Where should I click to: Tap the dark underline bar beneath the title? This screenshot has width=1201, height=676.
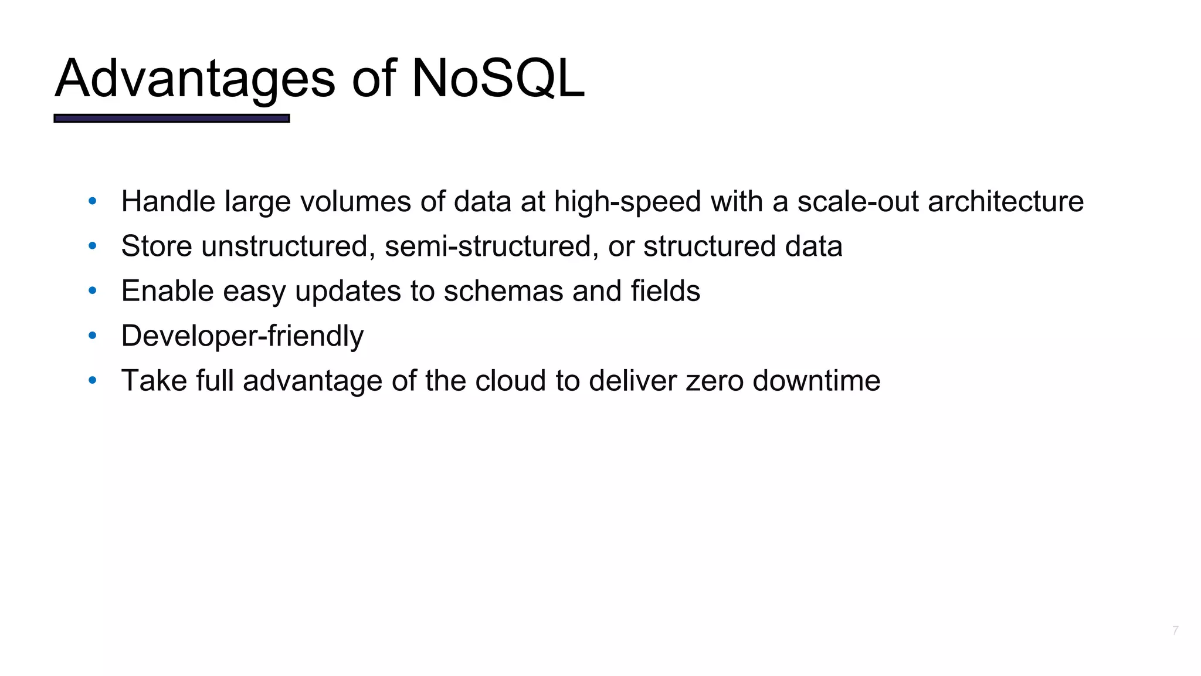[x=172, y=119]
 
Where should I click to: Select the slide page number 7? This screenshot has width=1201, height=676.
[x=1175, y=631]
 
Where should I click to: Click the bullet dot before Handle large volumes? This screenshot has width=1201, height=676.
[x=92, y=202]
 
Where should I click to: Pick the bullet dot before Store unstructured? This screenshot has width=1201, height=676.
[x=92, y=246]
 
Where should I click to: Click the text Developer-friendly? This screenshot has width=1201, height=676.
[x=242, y=336]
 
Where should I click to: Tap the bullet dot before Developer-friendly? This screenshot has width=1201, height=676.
[x=92, y=336]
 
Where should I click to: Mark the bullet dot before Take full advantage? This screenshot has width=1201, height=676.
[x=92, y=381]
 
